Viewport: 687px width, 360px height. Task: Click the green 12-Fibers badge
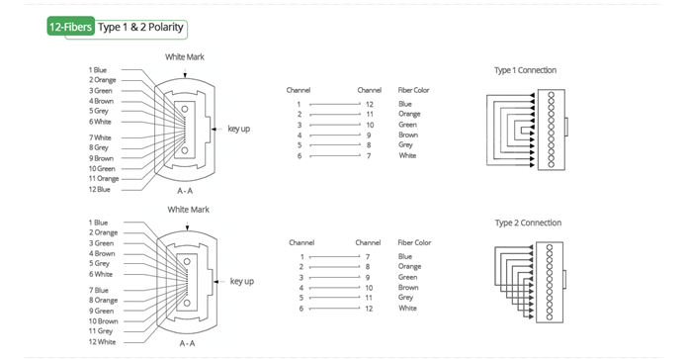70,27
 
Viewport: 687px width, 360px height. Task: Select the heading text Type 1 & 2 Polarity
140,27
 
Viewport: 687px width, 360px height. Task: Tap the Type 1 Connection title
525,70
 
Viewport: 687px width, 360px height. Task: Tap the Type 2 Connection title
528,223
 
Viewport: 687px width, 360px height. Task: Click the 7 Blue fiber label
99,291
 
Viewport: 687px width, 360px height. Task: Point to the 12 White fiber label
102,342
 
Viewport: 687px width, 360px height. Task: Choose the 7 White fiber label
100,137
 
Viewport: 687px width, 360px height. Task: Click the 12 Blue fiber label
100,190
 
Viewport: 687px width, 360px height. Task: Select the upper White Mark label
185,57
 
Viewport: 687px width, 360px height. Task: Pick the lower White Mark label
189,210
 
